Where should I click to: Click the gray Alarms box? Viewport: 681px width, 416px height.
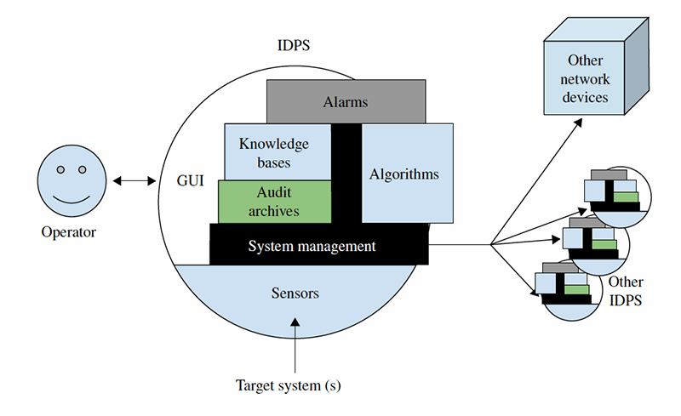[x=346, y=101]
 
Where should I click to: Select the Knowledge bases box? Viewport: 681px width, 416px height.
[x=273, y=152]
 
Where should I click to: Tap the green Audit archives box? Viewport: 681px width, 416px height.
[x=274, y=202]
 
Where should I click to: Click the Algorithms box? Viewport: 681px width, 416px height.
[x=404, y=174]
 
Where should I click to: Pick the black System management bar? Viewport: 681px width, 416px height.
[x=311, y=246]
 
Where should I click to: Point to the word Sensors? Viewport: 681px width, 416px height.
[x=295, y=293]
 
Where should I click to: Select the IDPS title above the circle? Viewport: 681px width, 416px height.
[x=295, y=44]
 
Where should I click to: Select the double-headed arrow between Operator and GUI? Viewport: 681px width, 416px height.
[x=131, y=180]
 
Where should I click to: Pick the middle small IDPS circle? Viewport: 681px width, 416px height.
[x=598, y=242]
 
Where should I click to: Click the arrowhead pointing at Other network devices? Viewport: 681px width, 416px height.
[x=578, y=122]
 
